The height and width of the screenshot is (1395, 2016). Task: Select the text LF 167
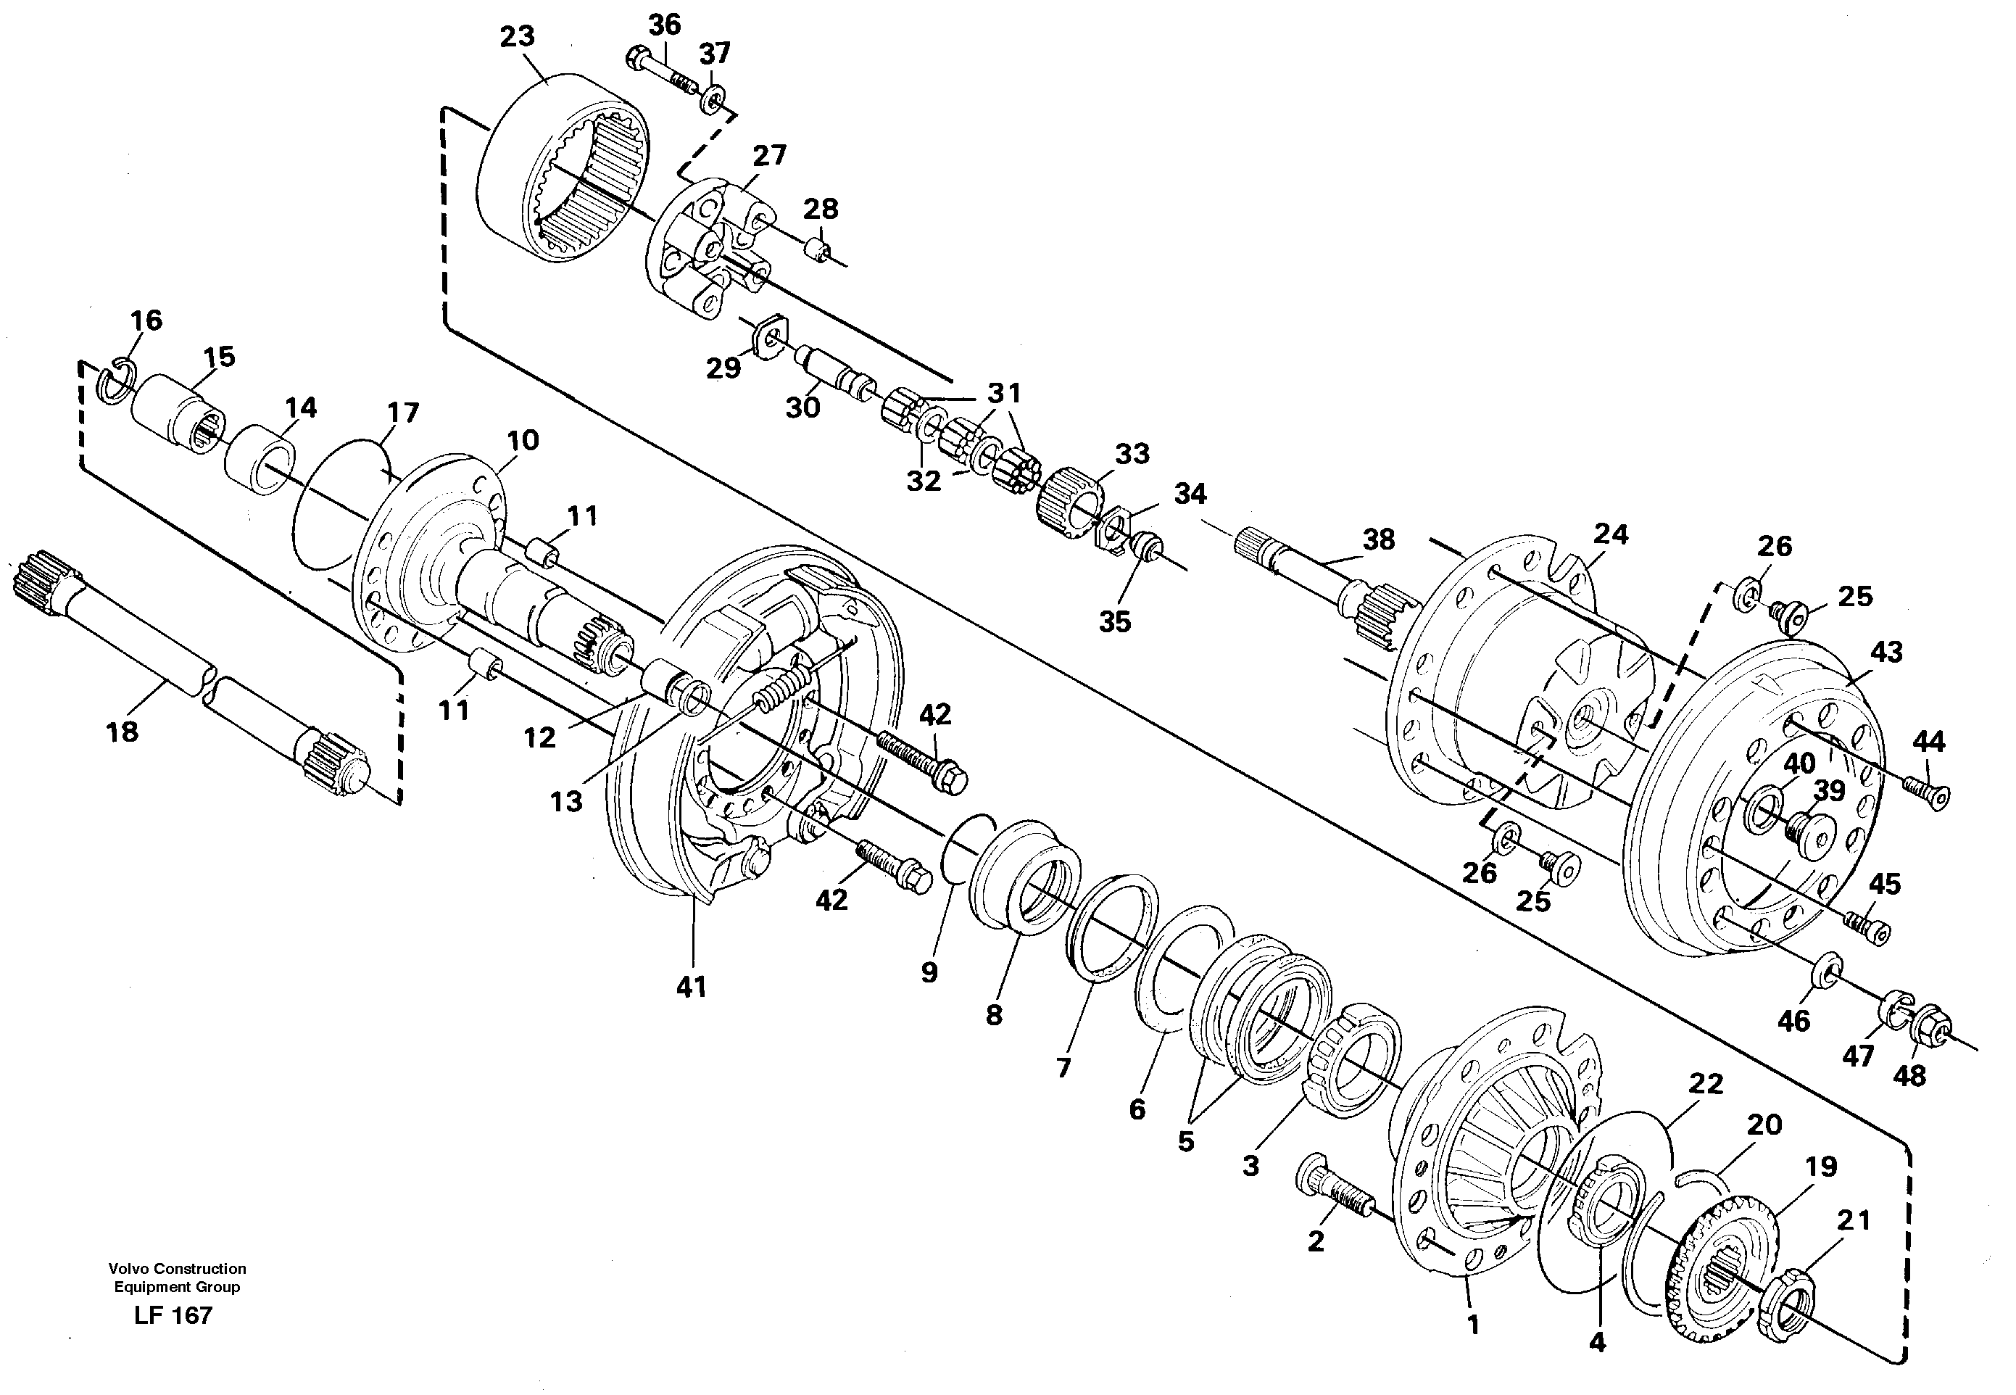point(173,1315)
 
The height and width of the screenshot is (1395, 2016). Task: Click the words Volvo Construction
point(178,1268)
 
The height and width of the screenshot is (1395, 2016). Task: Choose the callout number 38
point(1378,539)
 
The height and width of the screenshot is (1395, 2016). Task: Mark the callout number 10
point(523,441)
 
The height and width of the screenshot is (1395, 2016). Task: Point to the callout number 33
point(1132,455)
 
